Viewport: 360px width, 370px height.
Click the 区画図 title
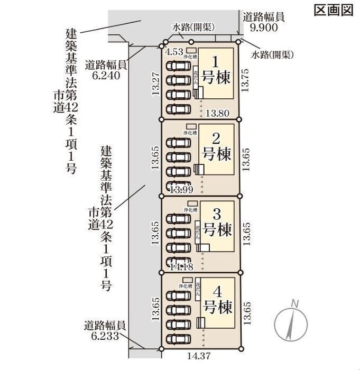[333, 10]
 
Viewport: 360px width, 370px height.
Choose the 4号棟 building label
[217, 299]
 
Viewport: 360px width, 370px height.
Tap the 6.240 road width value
[106, 76]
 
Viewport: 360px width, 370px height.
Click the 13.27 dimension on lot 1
[154, 82]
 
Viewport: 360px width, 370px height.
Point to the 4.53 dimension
[174, 52]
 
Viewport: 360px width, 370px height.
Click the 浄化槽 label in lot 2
[190, 132]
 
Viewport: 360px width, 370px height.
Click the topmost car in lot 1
[179, 66]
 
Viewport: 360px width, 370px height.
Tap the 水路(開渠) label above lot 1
[191, 26]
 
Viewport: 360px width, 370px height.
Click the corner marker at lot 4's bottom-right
[241, 347]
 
